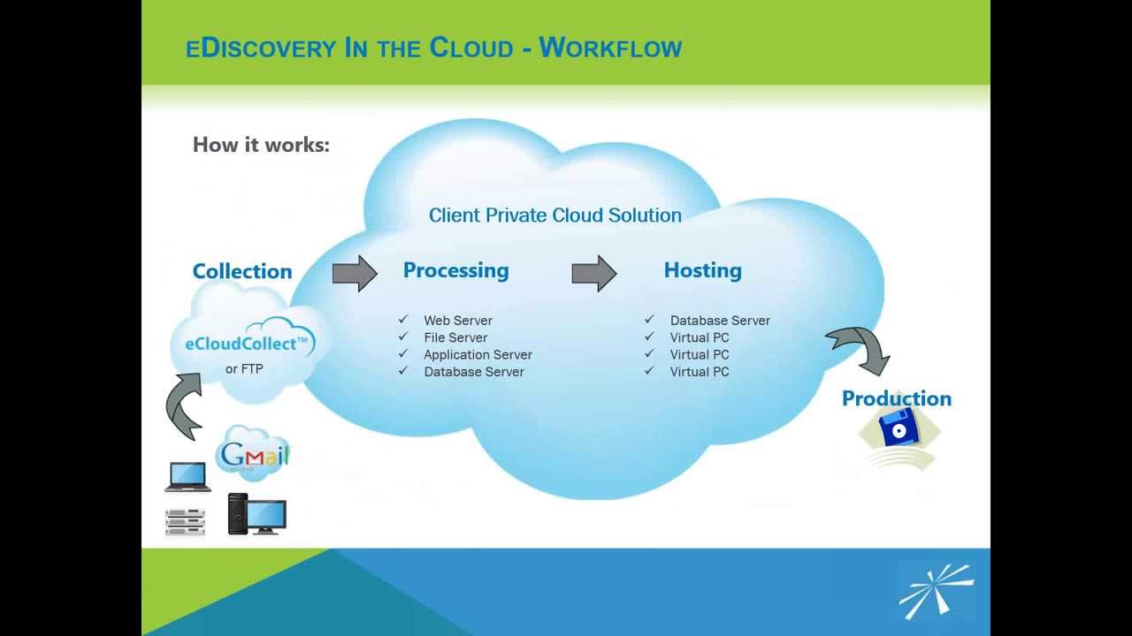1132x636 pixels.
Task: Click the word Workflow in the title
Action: pyautogui.click(x=610, y=48)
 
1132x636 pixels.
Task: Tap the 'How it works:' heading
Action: pyautogui.click(x=261, y=145)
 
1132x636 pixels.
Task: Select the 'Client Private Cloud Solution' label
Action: pyautogui.click(x=555, y=215)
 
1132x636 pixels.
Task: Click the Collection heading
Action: pyautogui.click(x=242, y=271)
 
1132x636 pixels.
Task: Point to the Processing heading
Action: pyautogui.click(x=455, y=270)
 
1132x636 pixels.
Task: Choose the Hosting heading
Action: pyautogui.click(x=702, y=270)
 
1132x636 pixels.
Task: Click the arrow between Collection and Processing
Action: pyautogui.click(x=355, y=273)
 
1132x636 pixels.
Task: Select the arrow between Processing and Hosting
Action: pyautogui.click(x=593, y=273)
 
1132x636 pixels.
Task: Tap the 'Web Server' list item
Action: pyautogui.click(x=457, y=321)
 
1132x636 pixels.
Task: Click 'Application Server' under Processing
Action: pyautogui.click(x=478, y=355)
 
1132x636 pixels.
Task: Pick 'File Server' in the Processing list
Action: pyautogui.click(x=455, y=337)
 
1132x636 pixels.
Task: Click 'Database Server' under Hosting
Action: pyautogui.click(x=720, y=321)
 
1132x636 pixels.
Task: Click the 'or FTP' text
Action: pyautogui.click(x=244, y=369)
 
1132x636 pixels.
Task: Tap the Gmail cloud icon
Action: pyautogui.click(x=253, y=453)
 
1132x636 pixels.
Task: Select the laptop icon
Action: pyautogui.click(x=187, y=477)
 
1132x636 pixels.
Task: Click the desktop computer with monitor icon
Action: pyautogui.click(x=257, y=514)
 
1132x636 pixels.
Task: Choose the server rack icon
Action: pyautogui.click(x=185, y=521)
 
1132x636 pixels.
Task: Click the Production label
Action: pyautogui.click(x=896, y=398)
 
